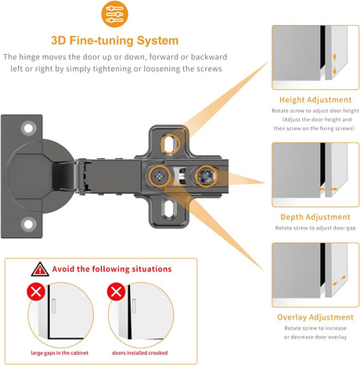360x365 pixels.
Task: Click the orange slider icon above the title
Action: pyautogui.click(x=114, y=14)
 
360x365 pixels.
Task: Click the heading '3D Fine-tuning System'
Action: pyautogui.click(x=115, y=41)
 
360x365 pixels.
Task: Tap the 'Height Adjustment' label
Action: pyautogui.click(x=315, y=99)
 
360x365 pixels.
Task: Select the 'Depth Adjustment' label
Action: pyautogui.click(x=315, y=217)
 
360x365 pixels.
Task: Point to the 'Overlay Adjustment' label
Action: pyautogui.click(x=315, y=317)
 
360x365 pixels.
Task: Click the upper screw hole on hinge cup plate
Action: pyautogui.click(x=28, y=128)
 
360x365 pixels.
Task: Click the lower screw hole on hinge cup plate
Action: pyautogui.click(x=28, y=224)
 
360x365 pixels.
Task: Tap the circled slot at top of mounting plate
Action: pyautogui.click(x=170, y=144)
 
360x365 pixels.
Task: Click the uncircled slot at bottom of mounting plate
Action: pyautogui.click(x=170, y=208)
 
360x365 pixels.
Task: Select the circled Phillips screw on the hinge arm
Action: pyautogui.click(x=159, y=176)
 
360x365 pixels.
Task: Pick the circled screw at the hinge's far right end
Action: pyautogui.click(x=206, y=176)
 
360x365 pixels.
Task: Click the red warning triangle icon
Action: pyautogui.click(x=40, y=269)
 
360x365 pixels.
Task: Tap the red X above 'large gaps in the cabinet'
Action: pyautogui.click(x=36, y=291)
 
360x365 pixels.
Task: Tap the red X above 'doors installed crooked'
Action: pyautogui.click(x=116, y=291)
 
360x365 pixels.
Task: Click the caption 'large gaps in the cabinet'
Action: pyautogui.click(x=59, y=353)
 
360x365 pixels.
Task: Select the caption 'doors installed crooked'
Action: pyautogui.click(x=140, y=353)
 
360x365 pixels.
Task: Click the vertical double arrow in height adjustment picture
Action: pyautogui.click(x=335, y=64)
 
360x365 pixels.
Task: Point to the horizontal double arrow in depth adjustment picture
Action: pyautogui.click(x=328, y=189)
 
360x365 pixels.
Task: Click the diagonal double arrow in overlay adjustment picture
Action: pyautogui.click(x=340, y=280)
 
